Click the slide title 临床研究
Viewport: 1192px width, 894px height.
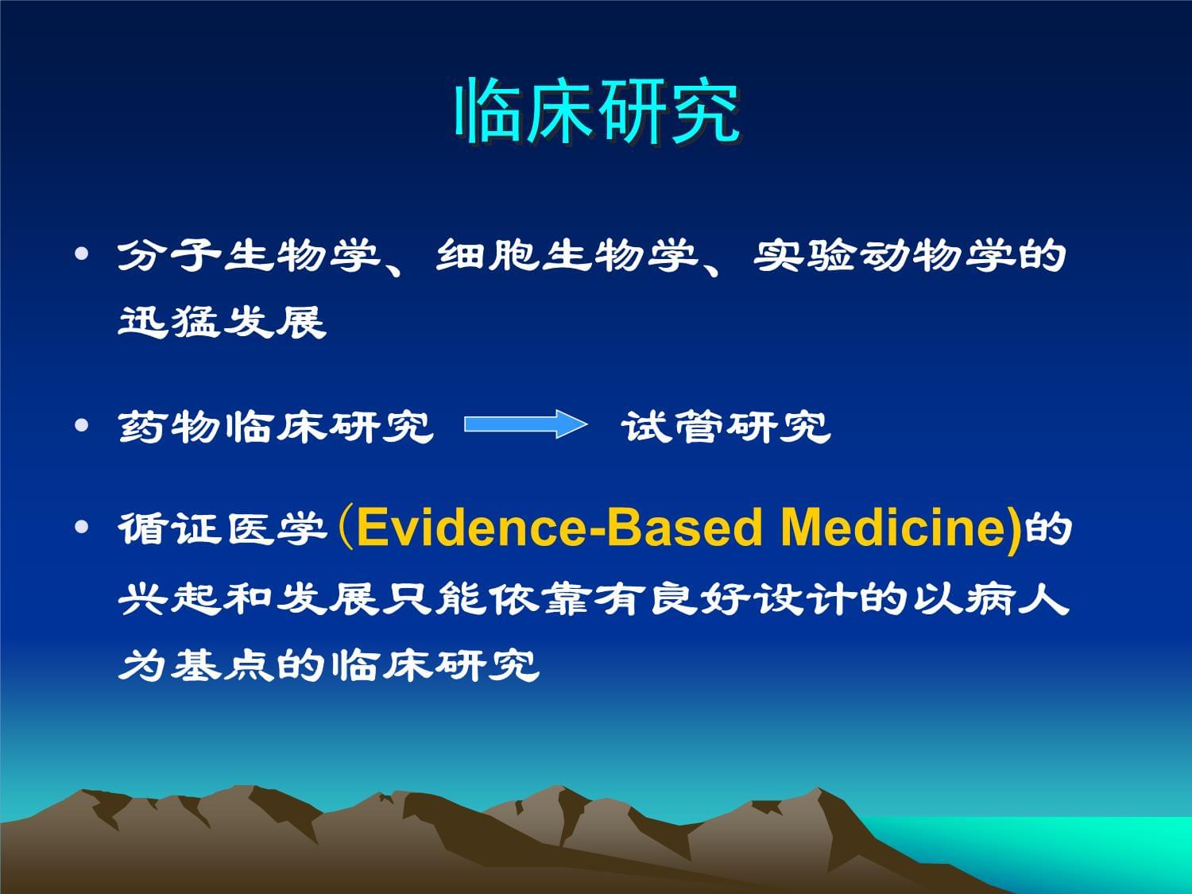point(597,111)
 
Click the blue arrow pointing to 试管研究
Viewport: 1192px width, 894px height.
point(525,424)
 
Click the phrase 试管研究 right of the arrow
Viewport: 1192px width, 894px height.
point(726,426)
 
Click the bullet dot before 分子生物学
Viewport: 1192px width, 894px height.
point(81,255)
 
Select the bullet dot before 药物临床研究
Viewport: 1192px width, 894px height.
point(81,426)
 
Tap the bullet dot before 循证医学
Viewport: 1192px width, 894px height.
point(81,528)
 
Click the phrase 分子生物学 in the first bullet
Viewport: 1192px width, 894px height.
point(248,256)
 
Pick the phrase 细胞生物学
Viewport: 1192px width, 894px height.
point(567,256)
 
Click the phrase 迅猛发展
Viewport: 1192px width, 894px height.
point(222,322)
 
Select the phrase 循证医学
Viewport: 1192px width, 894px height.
point(222,528)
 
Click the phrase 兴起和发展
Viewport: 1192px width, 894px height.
point(248,598)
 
